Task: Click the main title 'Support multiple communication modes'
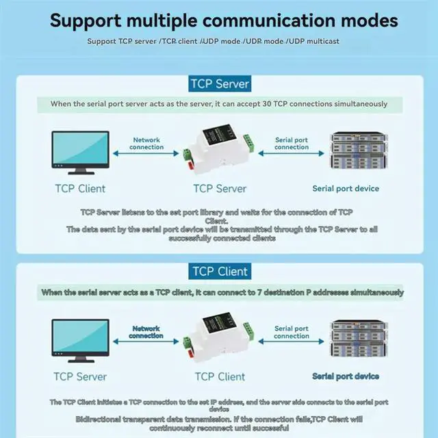coord(223,20)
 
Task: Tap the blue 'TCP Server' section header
coord(219,84)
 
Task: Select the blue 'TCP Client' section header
coord(219,272)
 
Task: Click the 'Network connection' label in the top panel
coord(148,143)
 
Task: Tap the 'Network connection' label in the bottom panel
coord(146,332)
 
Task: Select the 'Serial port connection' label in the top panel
coord(292,143)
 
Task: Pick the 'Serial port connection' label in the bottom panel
coord(292,332)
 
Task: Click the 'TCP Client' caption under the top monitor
coord(80,188)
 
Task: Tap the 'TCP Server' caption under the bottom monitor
coord(80,376)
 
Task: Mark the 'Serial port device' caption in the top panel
coord(346,188)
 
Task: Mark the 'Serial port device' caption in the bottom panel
coord(346,376)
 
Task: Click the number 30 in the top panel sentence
coord(267,104)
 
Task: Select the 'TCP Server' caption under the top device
coord(219,188)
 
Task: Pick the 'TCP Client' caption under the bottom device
coord(219,376)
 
